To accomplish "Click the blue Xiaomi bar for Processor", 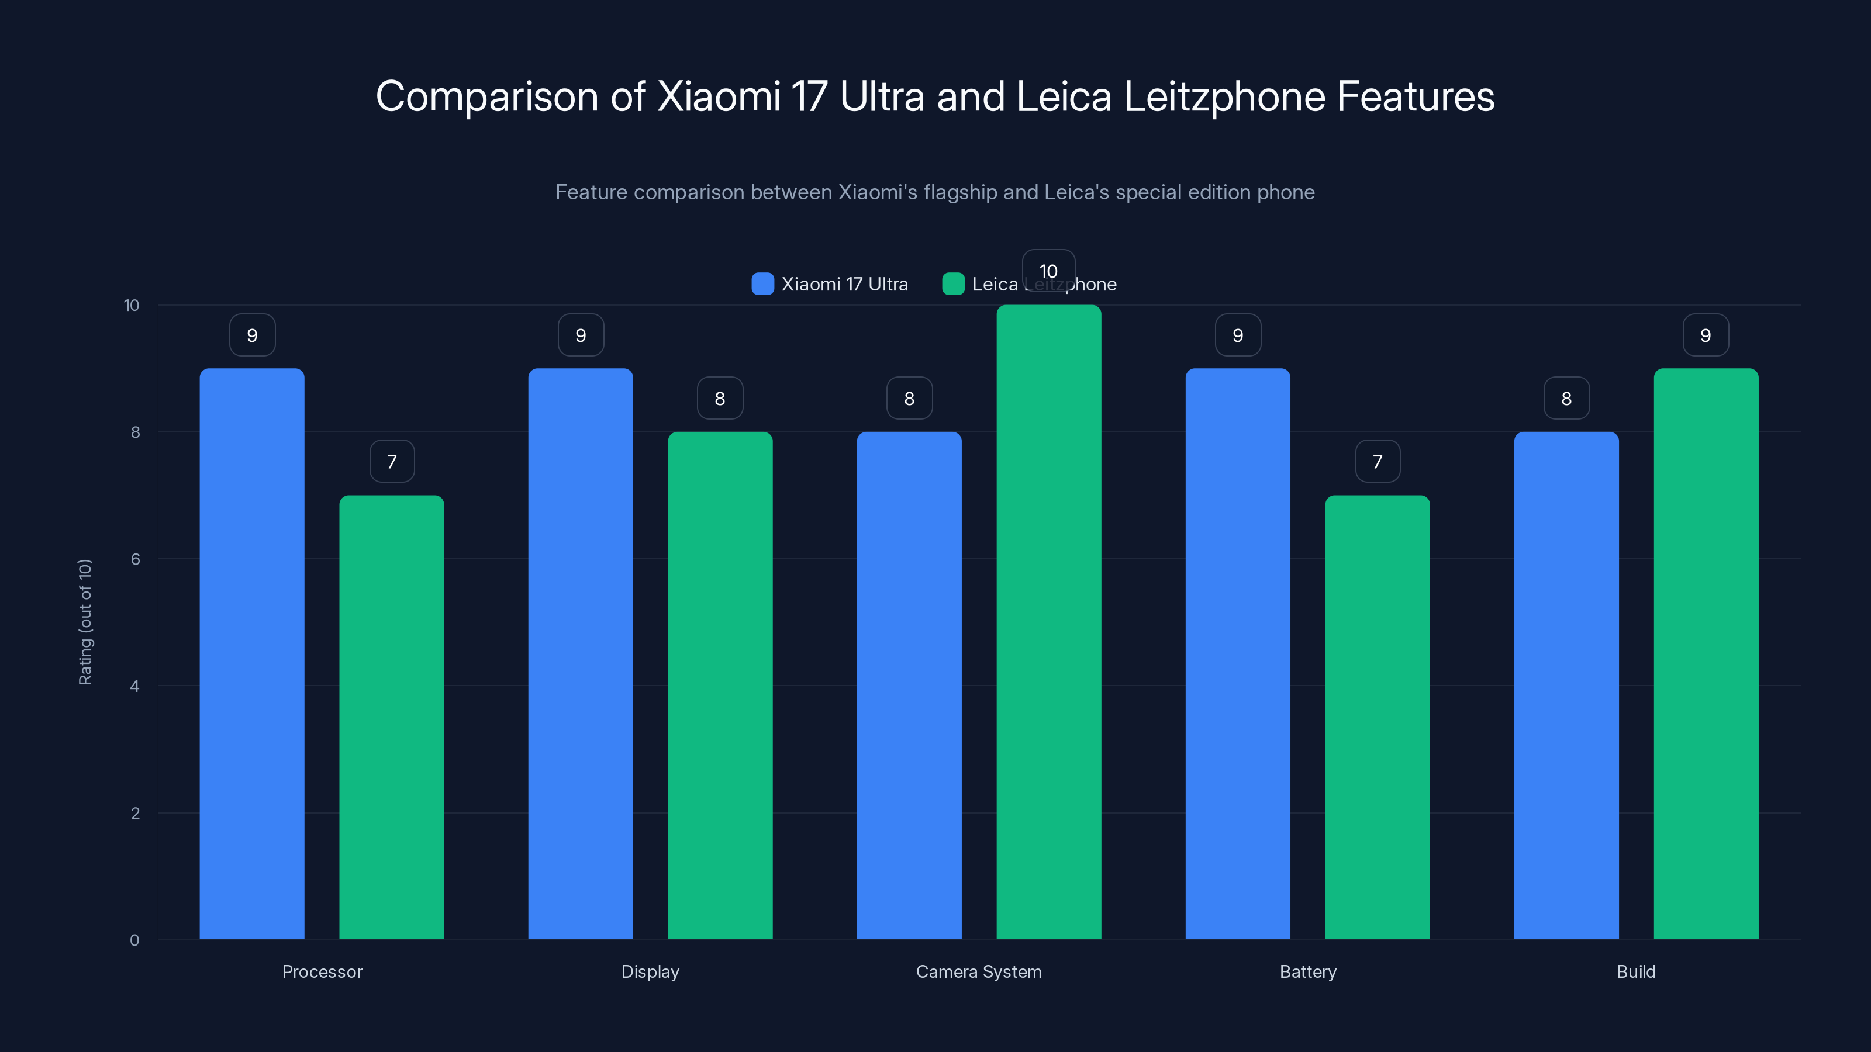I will pos(252,653).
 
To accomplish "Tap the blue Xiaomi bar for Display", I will pos(581,653).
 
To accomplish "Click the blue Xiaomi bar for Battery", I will pos(1238,653).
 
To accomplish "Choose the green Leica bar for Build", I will pos(1706,653).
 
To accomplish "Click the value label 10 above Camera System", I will pos(1048,271).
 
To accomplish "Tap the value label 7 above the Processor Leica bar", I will pos(392,462).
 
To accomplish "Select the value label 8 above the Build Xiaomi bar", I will pos(1566,399).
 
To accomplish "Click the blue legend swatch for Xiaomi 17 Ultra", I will pos(762,284).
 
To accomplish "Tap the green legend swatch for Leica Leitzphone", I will pos(953,284).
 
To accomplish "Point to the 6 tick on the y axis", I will pos(135,559).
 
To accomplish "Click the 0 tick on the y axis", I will pos(134,940).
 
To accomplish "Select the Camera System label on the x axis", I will pos(978,971).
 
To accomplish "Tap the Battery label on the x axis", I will pos(1307,971).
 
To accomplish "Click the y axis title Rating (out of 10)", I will pos(85,622).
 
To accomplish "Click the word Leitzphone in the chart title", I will pos(1224,96).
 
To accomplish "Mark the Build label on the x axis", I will pos(1636,971).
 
